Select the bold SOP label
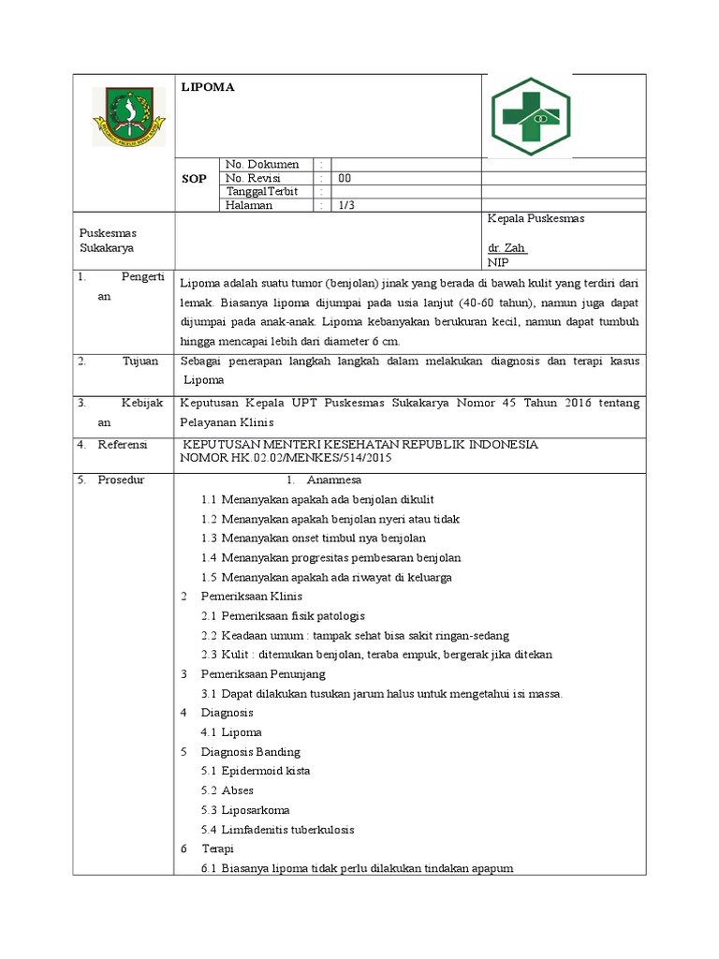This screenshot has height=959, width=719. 194,178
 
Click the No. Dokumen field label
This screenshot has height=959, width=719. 261,165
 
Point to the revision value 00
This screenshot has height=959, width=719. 345,178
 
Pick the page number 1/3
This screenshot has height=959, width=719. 345,205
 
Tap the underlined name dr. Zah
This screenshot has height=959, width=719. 507,248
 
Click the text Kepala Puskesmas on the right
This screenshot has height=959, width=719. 536,218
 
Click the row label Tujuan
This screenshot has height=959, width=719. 140,361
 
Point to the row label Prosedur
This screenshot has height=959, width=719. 125,480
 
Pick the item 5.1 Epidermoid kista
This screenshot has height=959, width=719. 256,771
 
